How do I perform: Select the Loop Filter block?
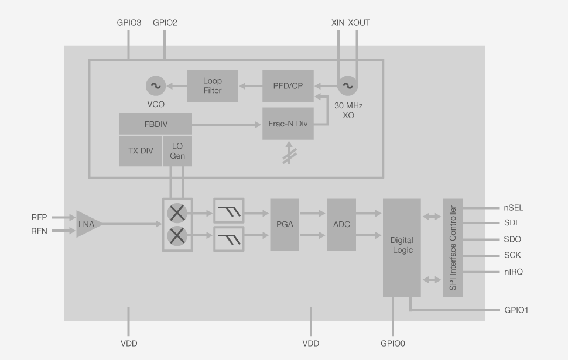coord(213,85)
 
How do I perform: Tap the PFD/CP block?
coord(288,85)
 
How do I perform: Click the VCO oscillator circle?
coord(156,86)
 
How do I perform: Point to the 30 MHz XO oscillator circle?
coord(347,86)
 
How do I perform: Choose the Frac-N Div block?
coord(288,124)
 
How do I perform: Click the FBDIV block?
coord(156,124)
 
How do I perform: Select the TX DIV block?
coord(141,150)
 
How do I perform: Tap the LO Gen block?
coord(177,150)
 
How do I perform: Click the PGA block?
coord(285,225)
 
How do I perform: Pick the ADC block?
coord(341,225)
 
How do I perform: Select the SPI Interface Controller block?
coord(453,248)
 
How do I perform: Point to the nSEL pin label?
coord(514,207)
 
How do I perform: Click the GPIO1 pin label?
coord(516,310)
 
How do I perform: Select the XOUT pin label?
coord(358,23)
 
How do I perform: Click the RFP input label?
coord(40,217)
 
